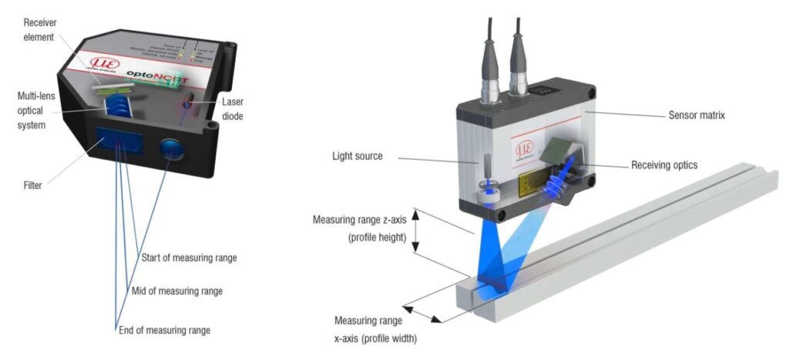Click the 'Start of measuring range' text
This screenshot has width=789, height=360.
pos(189,257)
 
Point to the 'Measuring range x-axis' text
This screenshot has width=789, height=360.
pos(368,328)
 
